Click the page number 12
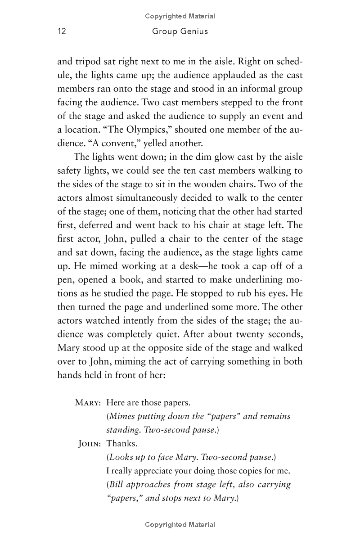[62, 31]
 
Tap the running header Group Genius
[180, 31]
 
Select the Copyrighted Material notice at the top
[180, 16]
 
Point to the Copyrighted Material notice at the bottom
[180, 525]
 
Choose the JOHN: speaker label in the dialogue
[90, 444]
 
